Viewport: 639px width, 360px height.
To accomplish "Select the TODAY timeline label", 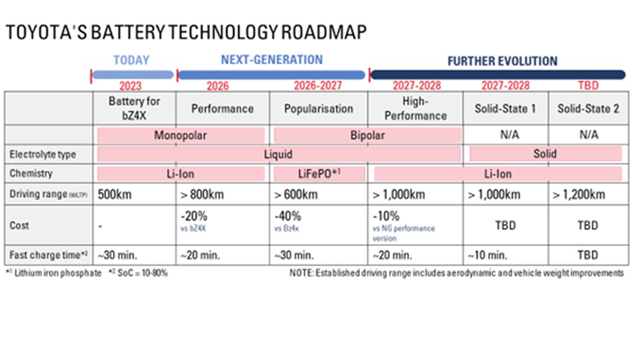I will click(132, 61).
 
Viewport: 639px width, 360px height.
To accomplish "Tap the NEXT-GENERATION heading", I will click(272, 60).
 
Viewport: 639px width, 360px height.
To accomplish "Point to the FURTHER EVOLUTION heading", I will click(502, 61).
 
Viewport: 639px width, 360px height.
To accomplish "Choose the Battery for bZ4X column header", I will click(134, 108).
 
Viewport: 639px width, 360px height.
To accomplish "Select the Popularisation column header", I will click(318, 108).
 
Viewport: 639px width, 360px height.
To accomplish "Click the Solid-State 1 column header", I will click(505, 109).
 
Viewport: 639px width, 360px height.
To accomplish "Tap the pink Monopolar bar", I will click(181, 135).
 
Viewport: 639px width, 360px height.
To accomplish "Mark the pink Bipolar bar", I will click(367, 135).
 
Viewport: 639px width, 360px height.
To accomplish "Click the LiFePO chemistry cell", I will click(319, 173).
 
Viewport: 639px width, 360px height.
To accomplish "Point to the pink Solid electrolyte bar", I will click(546, 153).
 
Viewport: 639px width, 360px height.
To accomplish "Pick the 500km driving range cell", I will click(115, 194).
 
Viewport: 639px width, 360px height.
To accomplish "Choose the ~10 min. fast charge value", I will click(489, 255).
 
